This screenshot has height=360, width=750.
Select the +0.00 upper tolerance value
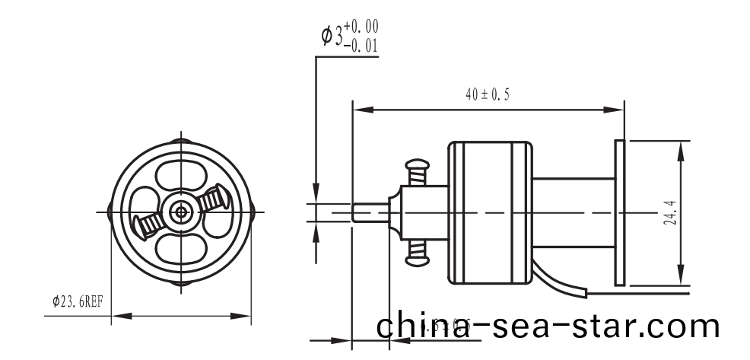tap(361, 27)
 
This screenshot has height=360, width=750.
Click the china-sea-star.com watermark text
tap(548, 326)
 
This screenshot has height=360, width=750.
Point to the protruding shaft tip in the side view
tap(370, 212)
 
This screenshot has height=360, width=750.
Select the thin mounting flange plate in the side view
tap(619, 212)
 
